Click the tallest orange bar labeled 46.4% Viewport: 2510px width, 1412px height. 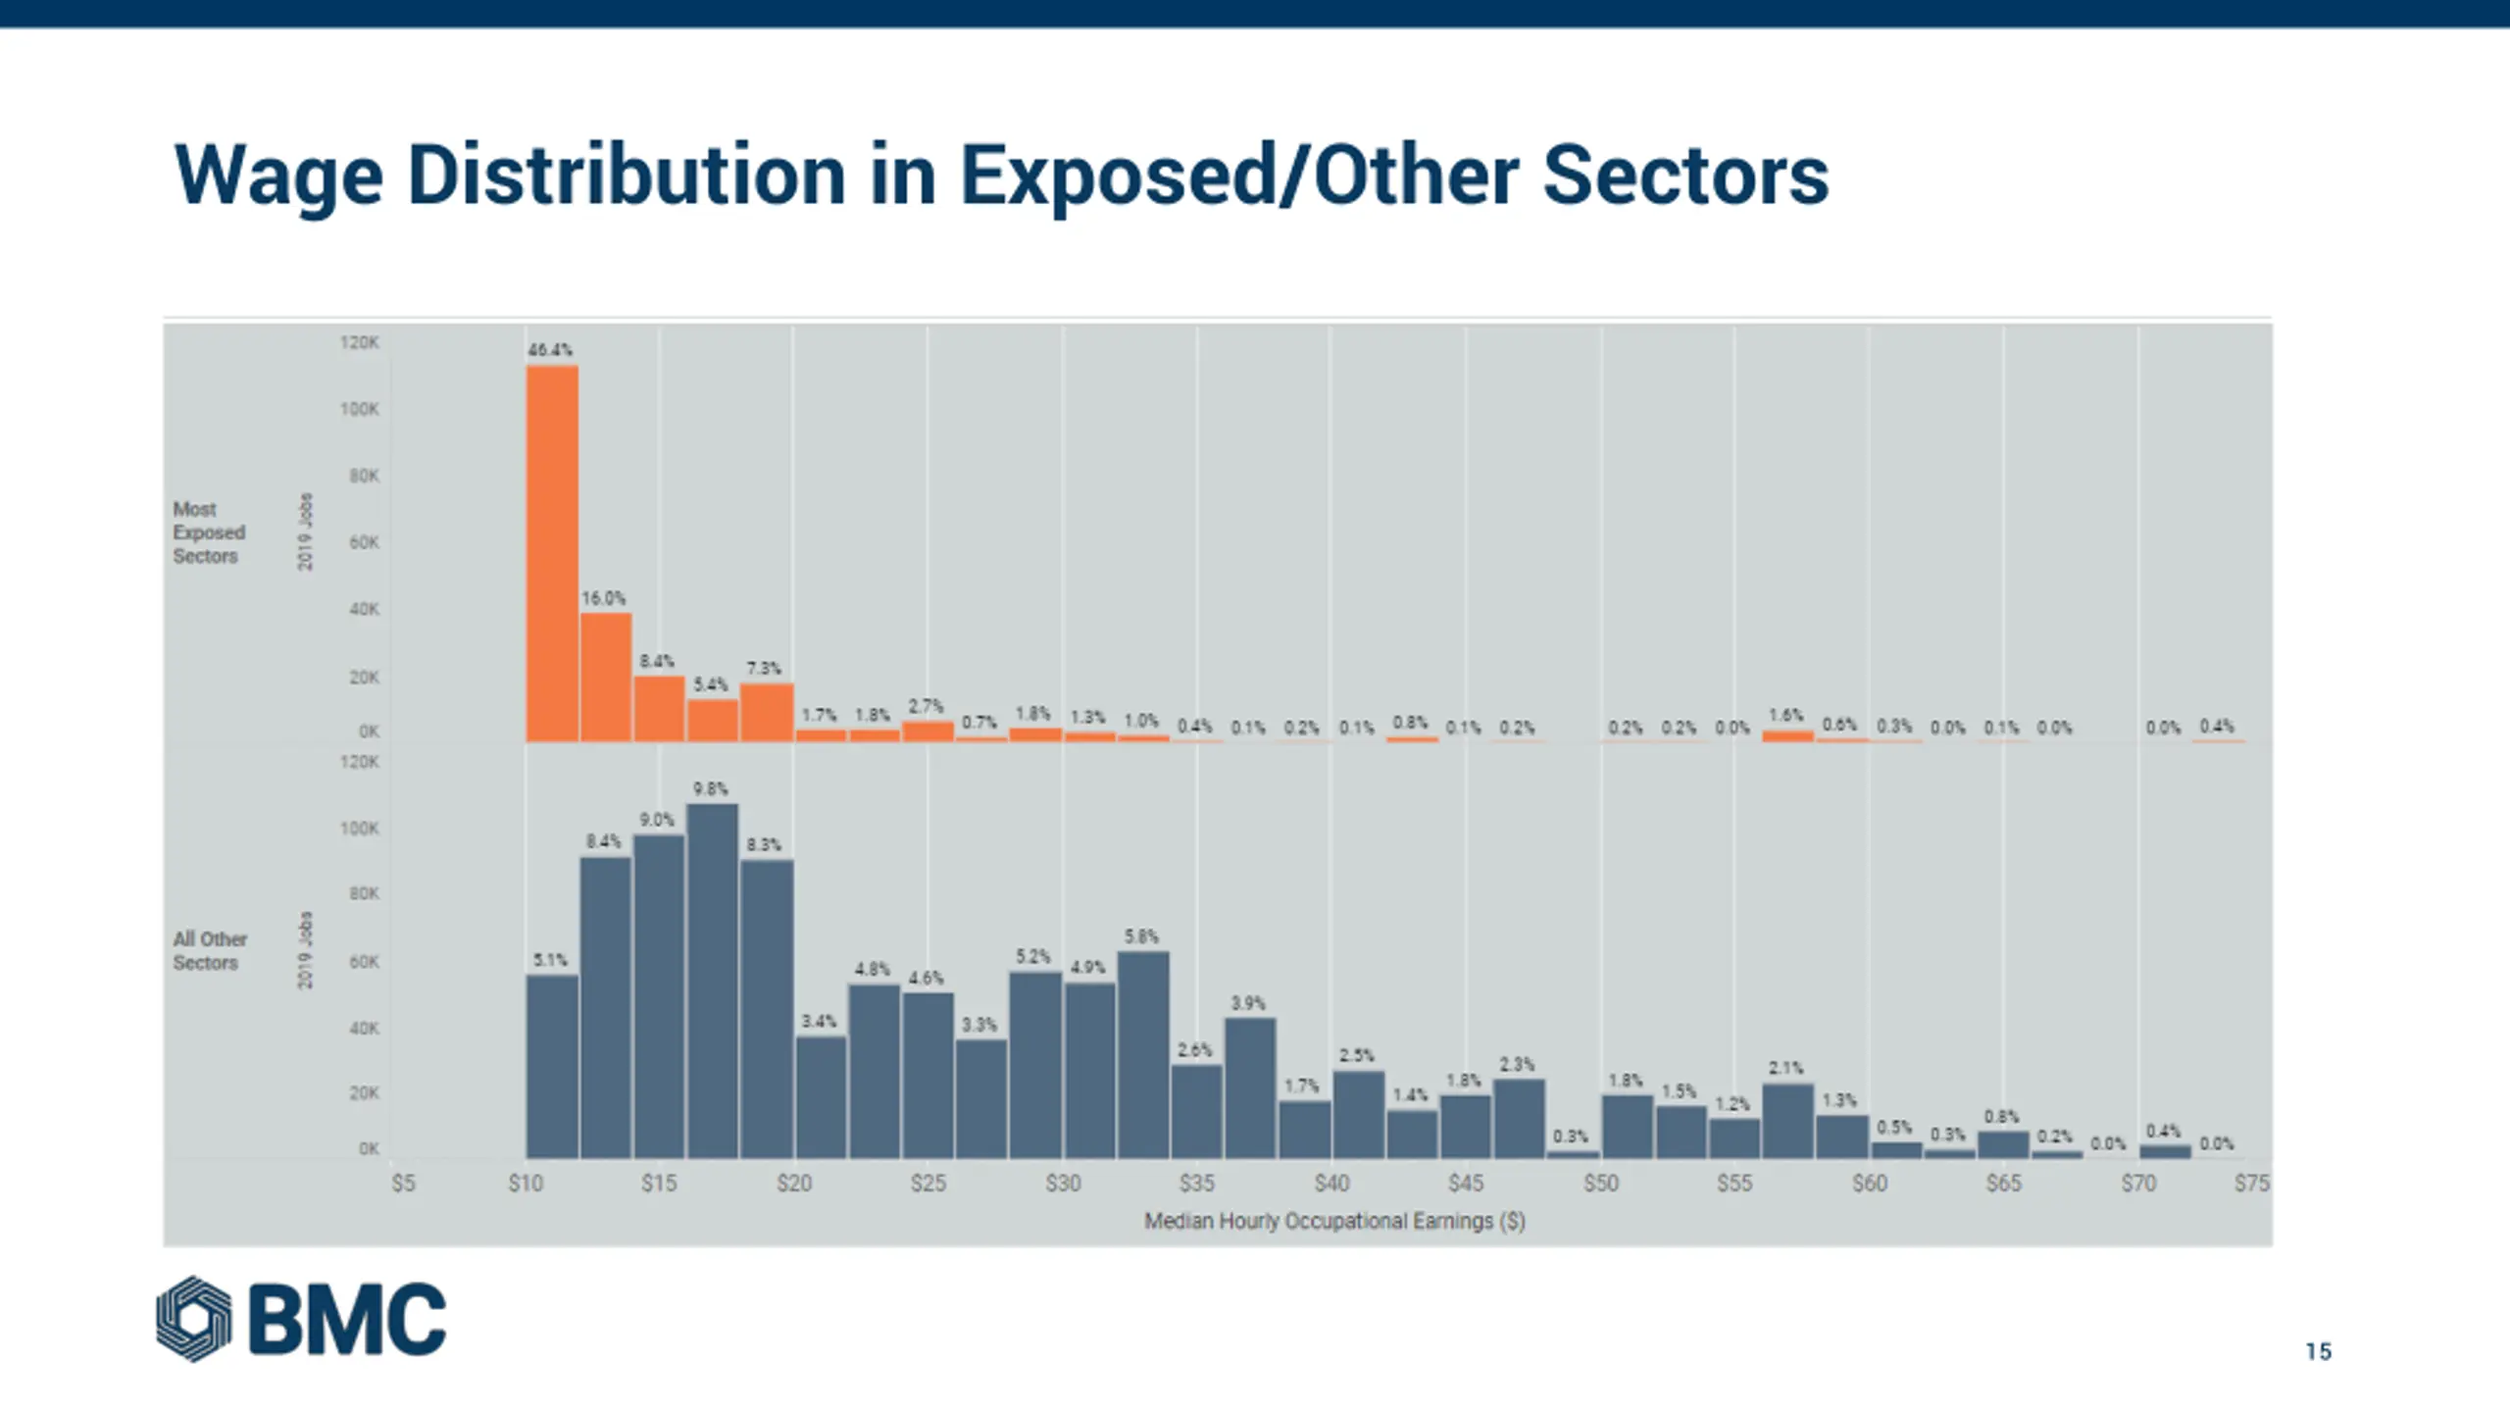click(x=552, y=554)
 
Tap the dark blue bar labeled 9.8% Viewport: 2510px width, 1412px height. click(x=712, y=981)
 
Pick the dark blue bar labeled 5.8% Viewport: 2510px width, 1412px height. click(x=1143, y=1054)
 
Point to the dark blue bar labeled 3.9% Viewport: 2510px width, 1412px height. click(x=1250, y=1088)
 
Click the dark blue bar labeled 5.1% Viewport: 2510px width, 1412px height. click(x=552, y=1067)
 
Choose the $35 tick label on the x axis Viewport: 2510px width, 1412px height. click(x=1196, y=1184)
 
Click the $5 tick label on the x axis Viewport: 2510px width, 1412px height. click(x=403, y=1184)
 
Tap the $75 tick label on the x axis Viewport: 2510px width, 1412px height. click(x=2251, y=1184)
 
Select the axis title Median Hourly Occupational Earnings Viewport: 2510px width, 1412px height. click(x=1334, y=1221)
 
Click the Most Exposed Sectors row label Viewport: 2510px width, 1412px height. click(x=209, y=532)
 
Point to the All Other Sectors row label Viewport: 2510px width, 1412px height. click(x=210, y=950)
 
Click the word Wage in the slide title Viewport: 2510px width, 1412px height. click(x=278, y=176)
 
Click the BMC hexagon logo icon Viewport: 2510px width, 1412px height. click(x=194, y=1319)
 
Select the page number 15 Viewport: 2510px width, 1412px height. click(x=2318, y=1352)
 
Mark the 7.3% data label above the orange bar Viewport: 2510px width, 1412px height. click(x=764, y=669)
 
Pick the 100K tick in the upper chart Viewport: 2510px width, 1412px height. click(x=360, y=409)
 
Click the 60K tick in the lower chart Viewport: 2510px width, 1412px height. click(x=364, y=962)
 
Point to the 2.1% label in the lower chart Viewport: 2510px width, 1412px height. click(x=1785, y=1068)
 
